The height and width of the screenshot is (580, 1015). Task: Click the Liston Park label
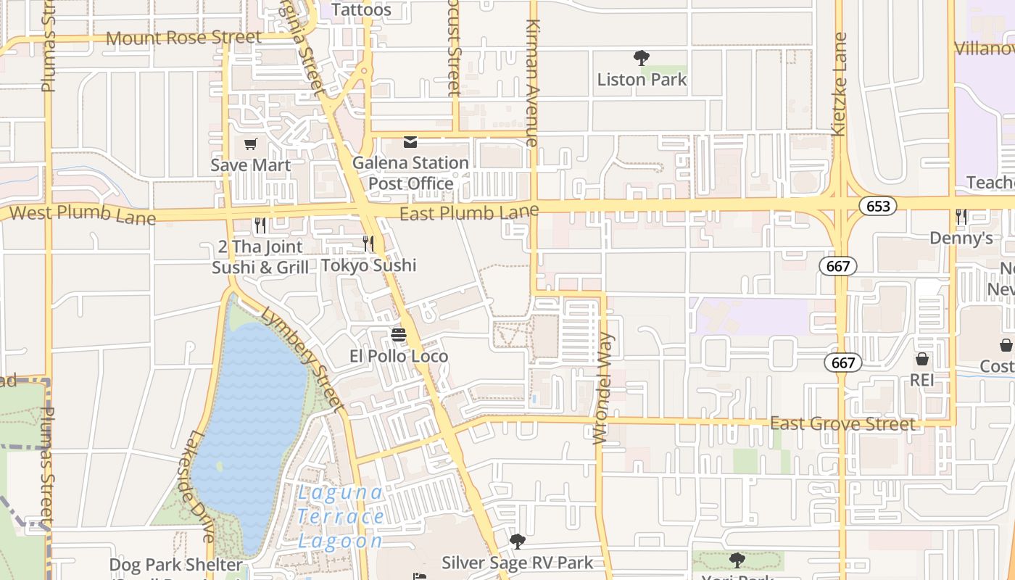pyautogui.click(x=642, y=79)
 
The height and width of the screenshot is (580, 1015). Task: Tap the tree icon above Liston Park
pyautogui.click(x=641, y=57)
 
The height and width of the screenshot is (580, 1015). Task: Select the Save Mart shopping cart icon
pyautogui.click(x=251, y=144)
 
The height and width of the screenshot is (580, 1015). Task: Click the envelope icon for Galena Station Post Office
pyautogui.click(x=410, y=141)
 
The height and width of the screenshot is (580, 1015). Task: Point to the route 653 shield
pyautogui.click(x=878, y=206)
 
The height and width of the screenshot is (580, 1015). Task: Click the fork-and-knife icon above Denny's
pyautogui.click(x=961, y=216)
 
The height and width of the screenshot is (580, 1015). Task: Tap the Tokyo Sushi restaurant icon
pyautogui.click(x=368, y=244)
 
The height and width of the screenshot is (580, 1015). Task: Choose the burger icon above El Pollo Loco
pyautogui.click(x=398, y=334)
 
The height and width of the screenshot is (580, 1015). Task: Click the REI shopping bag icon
pyautogui.click(x=922, y=359)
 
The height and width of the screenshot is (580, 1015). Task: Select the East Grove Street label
pyautogui.click(x=842, y=423)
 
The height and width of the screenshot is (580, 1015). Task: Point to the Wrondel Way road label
pyautogui.click(x=603, y=388)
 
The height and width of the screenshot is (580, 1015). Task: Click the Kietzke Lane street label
pyautogui.click(x=840, y=84)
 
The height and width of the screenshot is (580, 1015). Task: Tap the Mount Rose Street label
pyautogui.click(x=183, y=37)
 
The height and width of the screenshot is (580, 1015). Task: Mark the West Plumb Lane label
pyautogui.click(x=83, y=215)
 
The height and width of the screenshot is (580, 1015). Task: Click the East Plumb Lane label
pyautogui.click(x=469, y=212)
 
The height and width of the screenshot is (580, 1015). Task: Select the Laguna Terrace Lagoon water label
pyautogui.click(x=340, y=516)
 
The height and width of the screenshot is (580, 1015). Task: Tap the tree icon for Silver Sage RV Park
pyautogui.click(x=517, y=541)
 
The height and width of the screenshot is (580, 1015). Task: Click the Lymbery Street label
pyautogui.click(x=301, y=359)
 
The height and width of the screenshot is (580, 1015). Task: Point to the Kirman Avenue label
pyautogui.click(x=533, y=83)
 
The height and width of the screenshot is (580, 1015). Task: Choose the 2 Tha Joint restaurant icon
pyautogui.click(x=260, y=225)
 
